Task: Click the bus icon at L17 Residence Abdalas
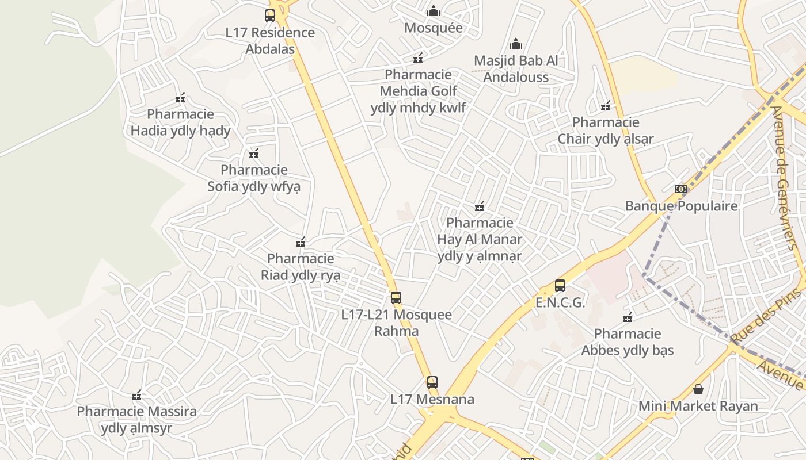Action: (270, 16)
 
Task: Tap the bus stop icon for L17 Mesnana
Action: (432, 382)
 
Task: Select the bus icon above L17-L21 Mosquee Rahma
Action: (396, 297)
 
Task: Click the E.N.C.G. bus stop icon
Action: (560, 285)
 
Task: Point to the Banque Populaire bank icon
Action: (681, 189)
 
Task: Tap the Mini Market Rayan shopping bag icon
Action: (698, 389)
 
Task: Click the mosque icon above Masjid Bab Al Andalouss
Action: (516, 44)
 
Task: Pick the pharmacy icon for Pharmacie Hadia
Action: (180, 98)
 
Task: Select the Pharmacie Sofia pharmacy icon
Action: (254, 154)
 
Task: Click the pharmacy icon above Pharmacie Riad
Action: (301, 242)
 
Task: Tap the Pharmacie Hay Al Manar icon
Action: (480, 206)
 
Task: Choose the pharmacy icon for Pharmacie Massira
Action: (136, 395)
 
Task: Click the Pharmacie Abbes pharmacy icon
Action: (628, 317)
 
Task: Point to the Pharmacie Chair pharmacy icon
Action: (606, 106)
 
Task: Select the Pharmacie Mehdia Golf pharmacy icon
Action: (418, 58)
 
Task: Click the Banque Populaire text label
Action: (681, 206)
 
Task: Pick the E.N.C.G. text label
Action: (560, 302)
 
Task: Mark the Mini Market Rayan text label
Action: (698, 406)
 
